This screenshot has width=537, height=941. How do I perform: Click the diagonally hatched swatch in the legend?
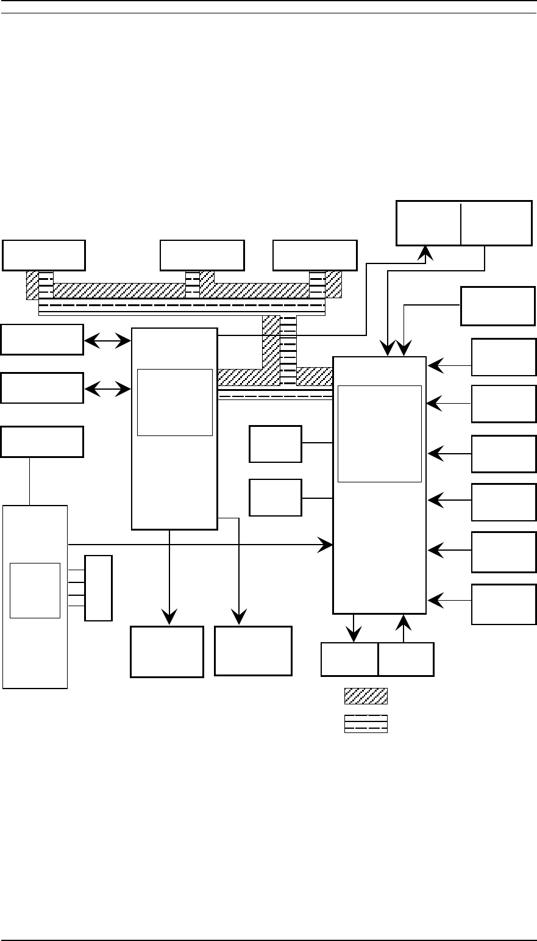pyautogui.click(x=366, y=696)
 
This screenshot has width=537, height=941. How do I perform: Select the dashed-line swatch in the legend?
pyautogui.click(x=366, y=723)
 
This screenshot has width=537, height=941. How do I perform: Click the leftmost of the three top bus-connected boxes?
pyautogui.click(x=44, y=255)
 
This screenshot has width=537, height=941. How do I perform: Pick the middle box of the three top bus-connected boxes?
pyautogui.click(x=202, y=255)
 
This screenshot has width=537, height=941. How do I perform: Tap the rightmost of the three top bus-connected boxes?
pyautogui.click(x=315, y=255)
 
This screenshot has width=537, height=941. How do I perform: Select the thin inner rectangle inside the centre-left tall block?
pyautogui.click(x=175, y=402)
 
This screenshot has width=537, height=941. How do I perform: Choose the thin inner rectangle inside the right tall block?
pyautogui.click(x=380, y=434)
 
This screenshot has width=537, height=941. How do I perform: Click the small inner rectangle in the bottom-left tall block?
pyautogui.click(x=35, y=590)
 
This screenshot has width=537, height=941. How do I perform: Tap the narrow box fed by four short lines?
pyautogui.click(x=98, y=588)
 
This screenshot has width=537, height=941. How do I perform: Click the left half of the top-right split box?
pyautogui.click(x=429, y=223)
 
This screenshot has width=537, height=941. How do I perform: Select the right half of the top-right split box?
pyautogui.click(x=496, y=223)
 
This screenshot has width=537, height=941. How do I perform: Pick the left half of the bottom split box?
pyautogui.click(x=349, y=659)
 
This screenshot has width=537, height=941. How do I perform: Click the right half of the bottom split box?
pyautogui.click(x=406, y=659)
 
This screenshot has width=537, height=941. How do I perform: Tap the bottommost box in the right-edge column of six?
pyautogui.click(x=503, y=604)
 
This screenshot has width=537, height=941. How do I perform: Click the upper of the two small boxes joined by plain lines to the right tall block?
pyautogui.click(x=276, y=444)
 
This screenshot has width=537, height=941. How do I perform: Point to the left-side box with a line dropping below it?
pyautogui.click(x=42, y=442)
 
